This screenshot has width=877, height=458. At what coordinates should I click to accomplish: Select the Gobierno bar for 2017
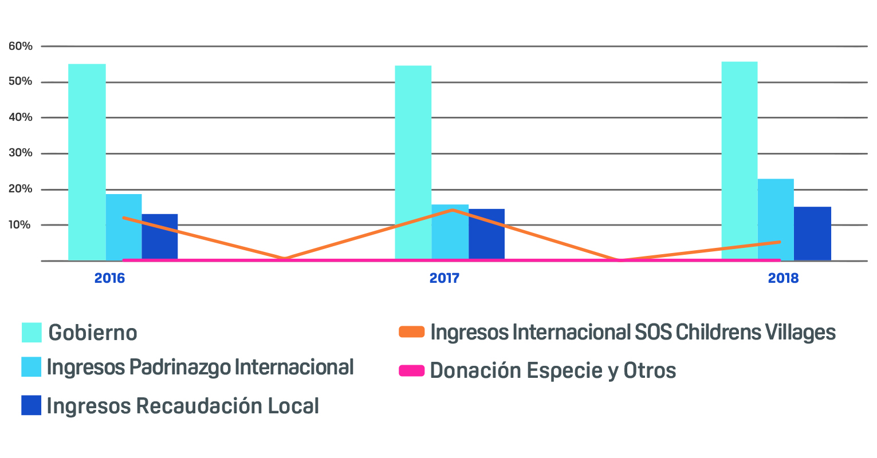click(x=413, y=163)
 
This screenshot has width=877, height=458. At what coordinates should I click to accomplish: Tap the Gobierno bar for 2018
click(x=739, y=161)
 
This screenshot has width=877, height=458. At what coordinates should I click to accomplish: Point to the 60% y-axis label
click(x=21, y=46)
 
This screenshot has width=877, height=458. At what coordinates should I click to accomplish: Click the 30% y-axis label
click(x=21, y=153)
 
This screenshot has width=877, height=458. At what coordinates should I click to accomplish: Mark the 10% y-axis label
click(x=21, y=225)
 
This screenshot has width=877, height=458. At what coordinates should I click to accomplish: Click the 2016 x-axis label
click(x=109, y=279)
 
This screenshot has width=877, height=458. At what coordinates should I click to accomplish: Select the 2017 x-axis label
click(x=445, y=279)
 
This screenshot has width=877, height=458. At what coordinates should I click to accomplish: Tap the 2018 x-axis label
click(x=783, y=279)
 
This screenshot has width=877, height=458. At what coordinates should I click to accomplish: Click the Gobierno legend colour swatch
click(x=32, y=333)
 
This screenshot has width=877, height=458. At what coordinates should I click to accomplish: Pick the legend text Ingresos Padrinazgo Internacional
click(x=200, y=367)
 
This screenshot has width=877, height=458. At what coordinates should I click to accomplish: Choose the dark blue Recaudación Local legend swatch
click(x=32, y=405)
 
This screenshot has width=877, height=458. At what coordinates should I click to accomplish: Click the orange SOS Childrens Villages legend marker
click(x=411, y=332)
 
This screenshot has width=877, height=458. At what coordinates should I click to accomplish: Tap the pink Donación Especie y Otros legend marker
click(x=411, y=371)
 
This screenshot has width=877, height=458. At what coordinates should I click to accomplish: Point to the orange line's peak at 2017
click(x=453, y=210)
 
